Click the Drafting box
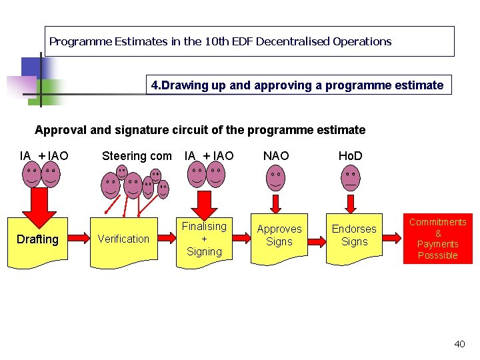coord(38,239)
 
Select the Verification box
coord(123,239)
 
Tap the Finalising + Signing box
coord(205,239)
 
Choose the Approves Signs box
coord(279,235)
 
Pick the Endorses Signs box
coord(354,235)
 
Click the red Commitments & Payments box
coord(437,239)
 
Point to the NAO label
coord(276,156)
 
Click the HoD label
coord(350,156)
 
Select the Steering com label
coord(136,156)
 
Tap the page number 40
coord(459,344)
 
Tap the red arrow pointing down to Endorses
coord(350,201)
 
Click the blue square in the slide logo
coord(31,67)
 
